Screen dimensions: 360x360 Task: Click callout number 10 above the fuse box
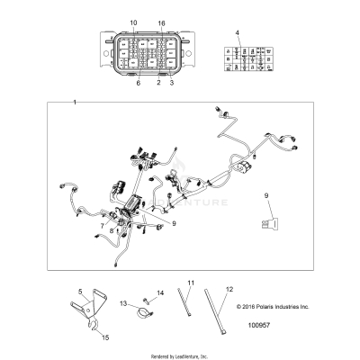[x=134, y=22]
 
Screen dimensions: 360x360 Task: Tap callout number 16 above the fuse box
[x=162, y=22]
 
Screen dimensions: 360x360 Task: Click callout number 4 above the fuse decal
[x=238, y=33]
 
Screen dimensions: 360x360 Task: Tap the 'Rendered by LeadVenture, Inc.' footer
[x=179, y=355]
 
